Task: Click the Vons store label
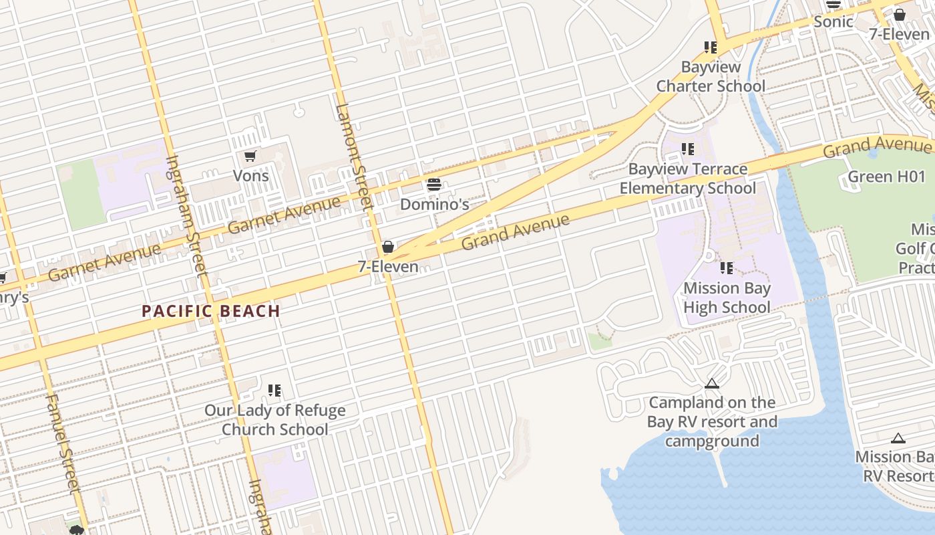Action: click(x=250, y=176)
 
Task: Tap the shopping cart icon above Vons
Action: click(x=250, y=156)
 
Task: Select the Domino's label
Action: click(x=434, y=205)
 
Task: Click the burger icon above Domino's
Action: click(x=434, y=185)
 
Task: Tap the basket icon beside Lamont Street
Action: click(x=387, y=247)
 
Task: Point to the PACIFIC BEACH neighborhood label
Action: click(x=211, y=311)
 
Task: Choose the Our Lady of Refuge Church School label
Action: click(x=275, y=420)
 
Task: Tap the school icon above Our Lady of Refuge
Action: click(x=274, y=391)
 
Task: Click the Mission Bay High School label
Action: click(x=727, y=298)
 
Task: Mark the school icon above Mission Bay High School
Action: click(x=727, y=269)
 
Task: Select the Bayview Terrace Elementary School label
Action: click(x=688, y=179)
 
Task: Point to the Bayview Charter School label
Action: click(x=711, y=77)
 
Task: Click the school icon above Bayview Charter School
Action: click(x=711, y=47)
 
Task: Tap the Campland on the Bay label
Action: click(x=712, y=421)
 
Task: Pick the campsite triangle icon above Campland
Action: click(x=712, y=384)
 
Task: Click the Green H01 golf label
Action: click(x=886, y=177)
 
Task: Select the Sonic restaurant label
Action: click(x=833, y=21)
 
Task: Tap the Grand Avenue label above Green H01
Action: click(x=876, y=146)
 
